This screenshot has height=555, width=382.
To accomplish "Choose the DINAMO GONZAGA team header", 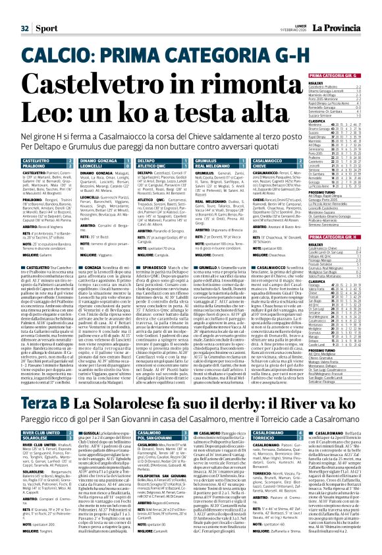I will [x=78, y=161].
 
